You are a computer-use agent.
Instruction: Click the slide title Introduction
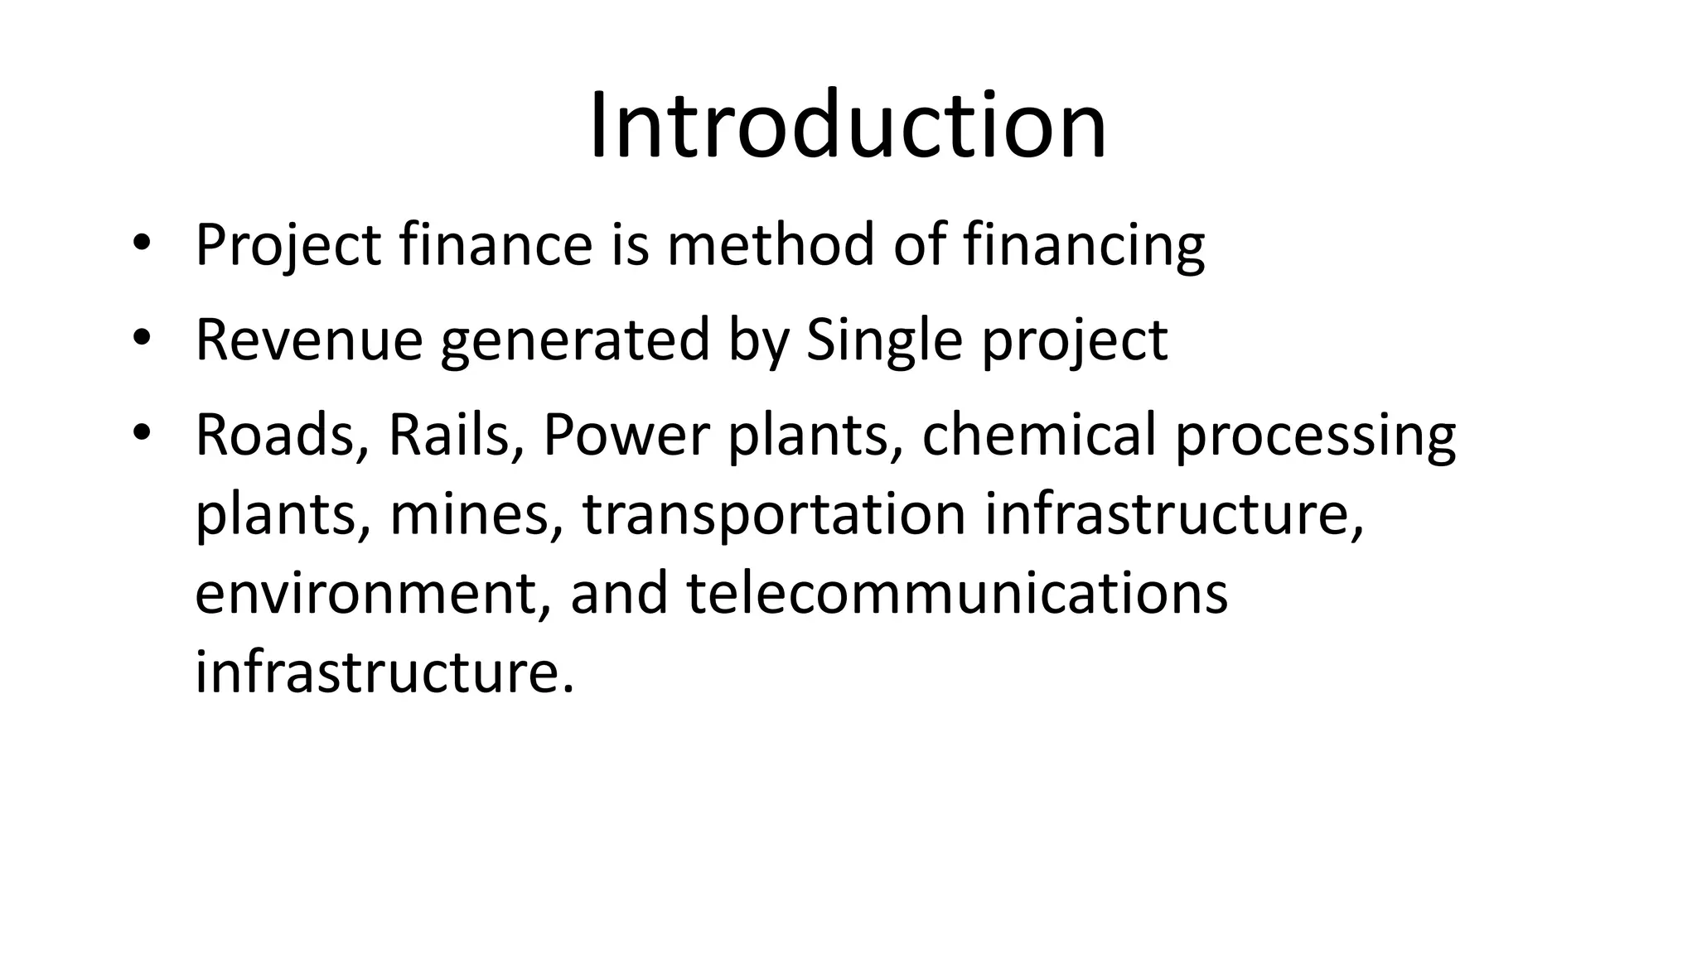848,127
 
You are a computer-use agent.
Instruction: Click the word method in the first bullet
771,245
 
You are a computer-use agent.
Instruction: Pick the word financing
1084,247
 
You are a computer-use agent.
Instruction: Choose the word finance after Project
496,245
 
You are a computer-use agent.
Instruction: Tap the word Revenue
308,340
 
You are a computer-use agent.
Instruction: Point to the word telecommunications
957,593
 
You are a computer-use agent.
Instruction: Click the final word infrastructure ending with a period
384,672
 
